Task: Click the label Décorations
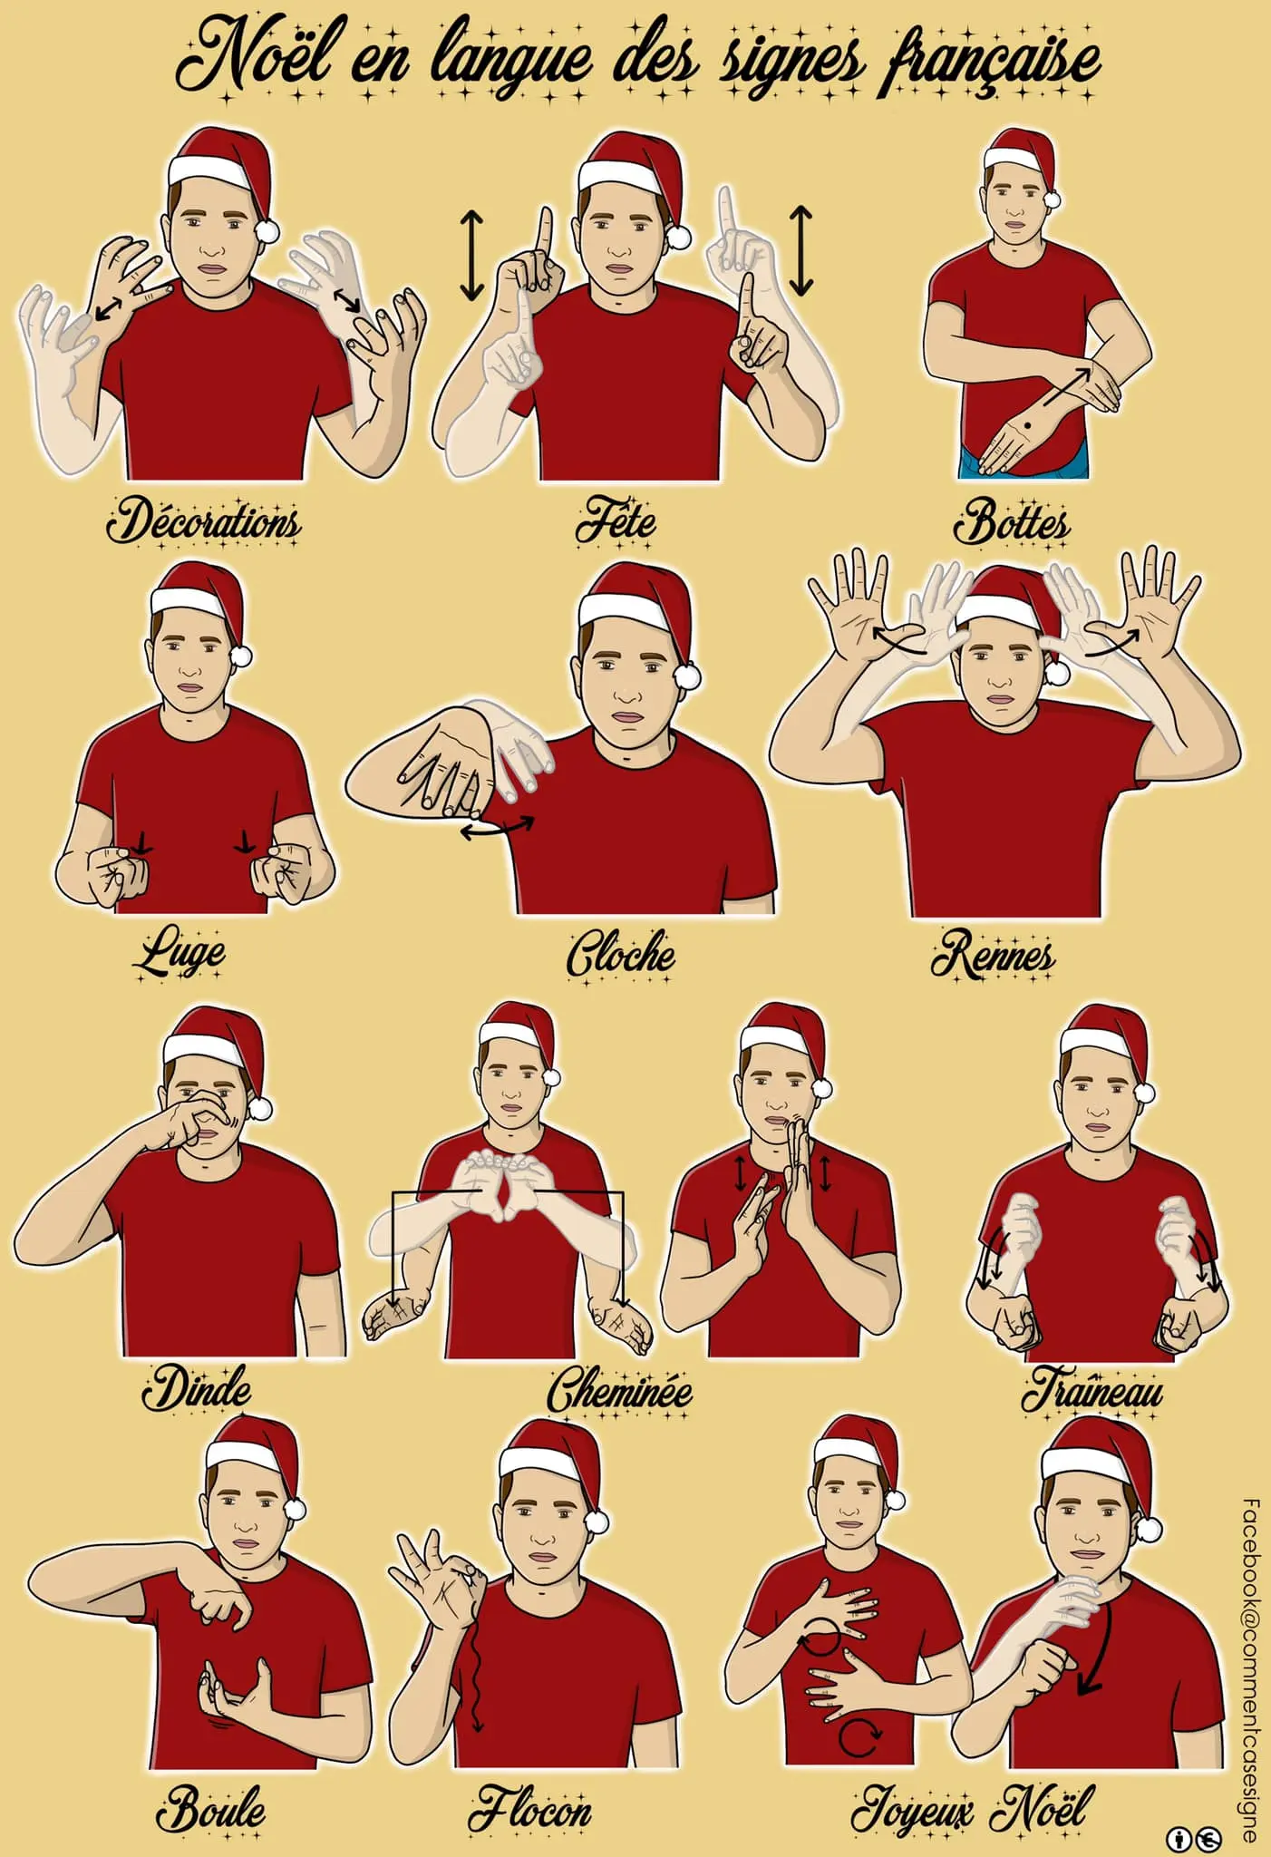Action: (204, 522)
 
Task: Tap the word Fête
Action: (616, 522)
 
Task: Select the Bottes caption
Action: (1012, 522)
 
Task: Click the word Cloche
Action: (621, 954)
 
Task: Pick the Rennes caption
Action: (994, 954)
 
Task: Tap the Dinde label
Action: (197, 1388)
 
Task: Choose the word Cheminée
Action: (620, 1389)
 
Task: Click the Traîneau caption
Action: (1092, 1389)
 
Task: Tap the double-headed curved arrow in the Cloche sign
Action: (498, 827)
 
